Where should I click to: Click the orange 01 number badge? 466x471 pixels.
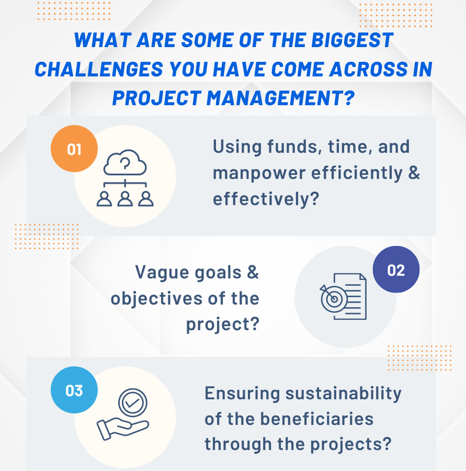[74, 149]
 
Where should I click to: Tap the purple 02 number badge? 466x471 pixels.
[396, 270]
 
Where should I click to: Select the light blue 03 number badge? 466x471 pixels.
[74, 390]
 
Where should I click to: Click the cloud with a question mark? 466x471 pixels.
[125, 162]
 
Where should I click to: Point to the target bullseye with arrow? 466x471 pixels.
[332, 298]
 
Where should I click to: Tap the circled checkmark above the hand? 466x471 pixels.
[133, 403]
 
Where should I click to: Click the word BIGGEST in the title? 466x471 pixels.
[352, 40]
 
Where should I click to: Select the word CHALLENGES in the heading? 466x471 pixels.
[99, 69]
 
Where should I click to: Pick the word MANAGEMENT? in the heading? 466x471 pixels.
[281, 98]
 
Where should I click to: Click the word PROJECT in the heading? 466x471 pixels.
[157, 98]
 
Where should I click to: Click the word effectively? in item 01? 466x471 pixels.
[266, 199]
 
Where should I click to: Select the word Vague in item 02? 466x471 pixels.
[162, 273]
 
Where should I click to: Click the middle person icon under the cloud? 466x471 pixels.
[125, 199]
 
